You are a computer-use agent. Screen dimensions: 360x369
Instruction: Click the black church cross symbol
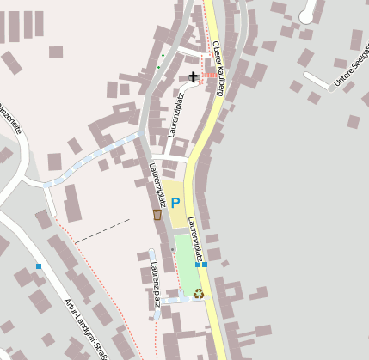193,77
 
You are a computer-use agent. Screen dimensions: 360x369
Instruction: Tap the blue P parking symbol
175,204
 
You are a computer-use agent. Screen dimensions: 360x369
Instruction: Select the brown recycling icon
199,293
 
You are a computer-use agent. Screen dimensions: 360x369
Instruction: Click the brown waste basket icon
157,215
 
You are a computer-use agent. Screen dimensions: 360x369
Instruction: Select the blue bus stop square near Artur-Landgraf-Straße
39,266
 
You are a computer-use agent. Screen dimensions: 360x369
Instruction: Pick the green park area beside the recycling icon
187,266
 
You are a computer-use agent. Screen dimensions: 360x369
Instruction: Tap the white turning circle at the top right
307,15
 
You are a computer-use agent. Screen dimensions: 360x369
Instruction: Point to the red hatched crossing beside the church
208,76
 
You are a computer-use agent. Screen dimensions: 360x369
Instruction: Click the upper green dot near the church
162,57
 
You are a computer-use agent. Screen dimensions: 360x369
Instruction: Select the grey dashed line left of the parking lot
101,230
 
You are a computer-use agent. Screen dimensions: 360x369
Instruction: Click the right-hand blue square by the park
205,265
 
